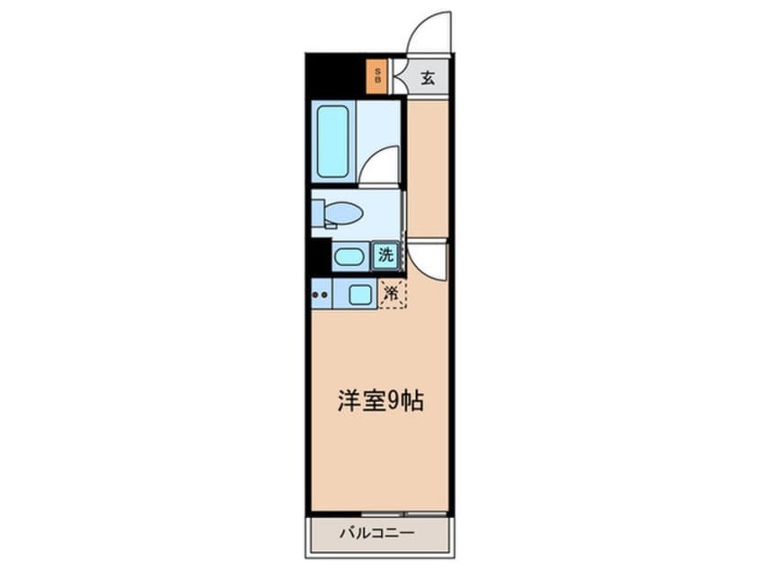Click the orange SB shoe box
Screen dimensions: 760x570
(x=376, y=76)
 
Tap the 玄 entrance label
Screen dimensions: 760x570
(x=427, y=77)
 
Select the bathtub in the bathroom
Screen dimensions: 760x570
(x=333, y=141)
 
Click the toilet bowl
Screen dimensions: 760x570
(x=344, y=213)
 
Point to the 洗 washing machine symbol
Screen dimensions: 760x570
(x=385, y=254)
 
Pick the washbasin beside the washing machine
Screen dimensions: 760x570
(x=349, y=256)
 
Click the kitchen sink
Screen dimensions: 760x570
(x=360, y=295)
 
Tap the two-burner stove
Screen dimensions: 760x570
(x=322, y=295)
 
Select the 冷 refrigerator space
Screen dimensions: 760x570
(x=393, y=293)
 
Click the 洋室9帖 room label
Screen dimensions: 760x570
(x=381, y=401)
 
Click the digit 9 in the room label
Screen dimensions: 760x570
(x=393, y=402)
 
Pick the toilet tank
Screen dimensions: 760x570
(x=317, y=213)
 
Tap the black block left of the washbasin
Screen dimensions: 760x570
(x=321, y=258)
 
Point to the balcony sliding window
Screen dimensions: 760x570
(x=403, y=513)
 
